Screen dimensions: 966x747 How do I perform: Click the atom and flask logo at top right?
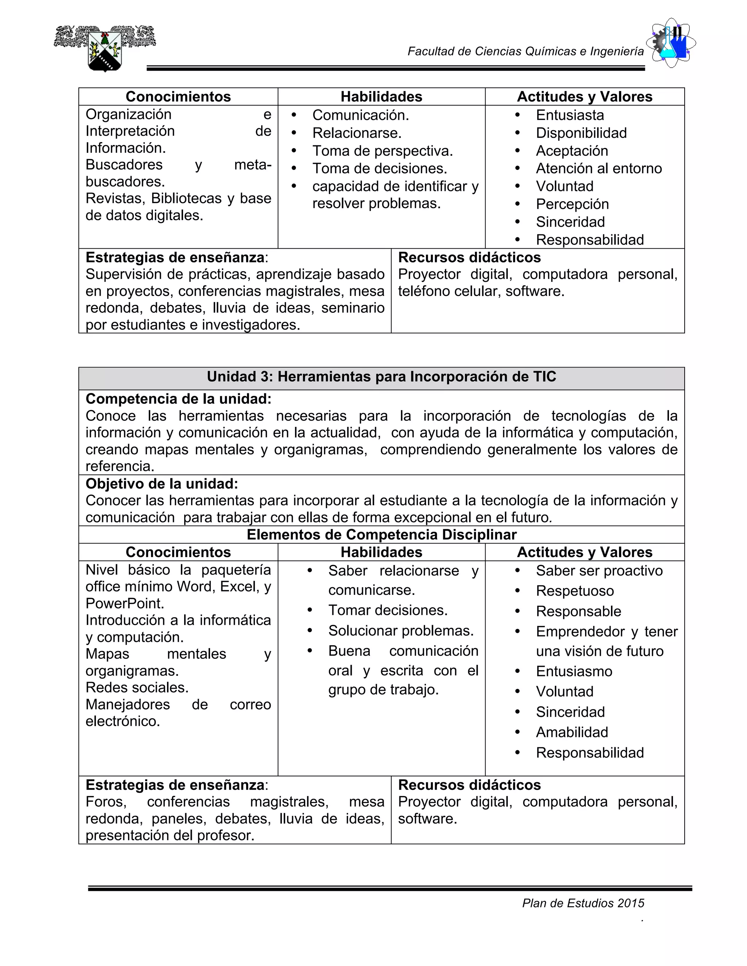pyautogui.click(x=671, y=43)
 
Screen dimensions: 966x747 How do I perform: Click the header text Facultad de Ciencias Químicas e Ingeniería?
pyautogui.click(x=525, y=52)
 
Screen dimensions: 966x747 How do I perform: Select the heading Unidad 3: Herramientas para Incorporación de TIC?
pyautogui.click(x=382, y=377)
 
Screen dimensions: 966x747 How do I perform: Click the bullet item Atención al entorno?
pyautogui.click(x=599, y=168)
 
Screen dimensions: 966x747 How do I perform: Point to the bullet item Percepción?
pyautogui.click(x=572, y=204)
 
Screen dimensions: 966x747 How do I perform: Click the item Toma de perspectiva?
pyautogui.click(x=382, y=151)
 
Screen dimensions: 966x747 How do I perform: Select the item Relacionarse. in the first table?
pyautogui.click(x=357, y=133)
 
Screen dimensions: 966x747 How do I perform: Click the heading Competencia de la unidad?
pyautogui.click(x=178, y=399)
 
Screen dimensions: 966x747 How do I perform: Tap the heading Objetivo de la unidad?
pyautogui.click(x=162, y=484)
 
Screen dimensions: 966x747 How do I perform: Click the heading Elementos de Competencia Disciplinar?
pyautogui.click(x=382, y=535)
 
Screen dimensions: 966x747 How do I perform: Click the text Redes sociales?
pyautogui.click(x=137, y=688)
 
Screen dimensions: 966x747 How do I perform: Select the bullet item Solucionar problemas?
pyautogui.click(x=401, y=631)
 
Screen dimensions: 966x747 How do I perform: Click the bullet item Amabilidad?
pyautogui.click(x=572, y=732)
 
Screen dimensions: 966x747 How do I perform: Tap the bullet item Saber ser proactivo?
pyautogui.click(x=599, y=570)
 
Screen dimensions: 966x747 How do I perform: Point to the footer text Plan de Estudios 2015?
pyautogui.click(x=583, y=903)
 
